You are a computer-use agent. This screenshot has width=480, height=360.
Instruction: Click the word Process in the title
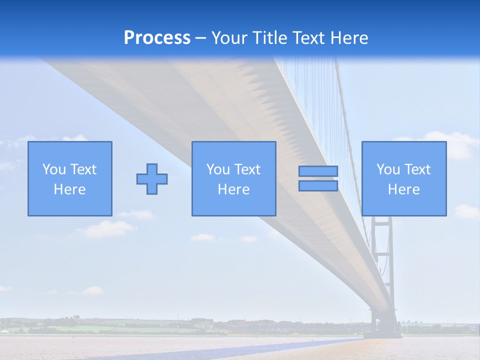[x=157, y=37]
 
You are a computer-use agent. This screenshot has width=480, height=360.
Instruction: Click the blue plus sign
[x=152, y=178]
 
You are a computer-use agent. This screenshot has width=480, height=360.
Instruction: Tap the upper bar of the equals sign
[x=318, y=171]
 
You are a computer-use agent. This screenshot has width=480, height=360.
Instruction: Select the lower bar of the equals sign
[x=318, y=185]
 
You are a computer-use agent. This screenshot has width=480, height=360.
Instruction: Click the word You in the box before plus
[x=54, y=169]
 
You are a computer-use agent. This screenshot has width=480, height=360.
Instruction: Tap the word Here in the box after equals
[x=404, y=189]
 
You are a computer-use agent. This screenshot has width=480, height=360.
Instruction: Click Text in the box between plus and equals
[x=248, y=169]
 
